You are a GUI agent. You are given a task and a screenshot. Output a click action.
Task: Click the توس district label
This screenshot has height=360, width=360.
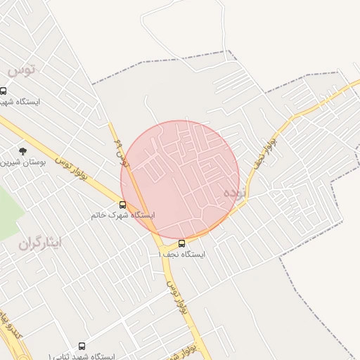21,70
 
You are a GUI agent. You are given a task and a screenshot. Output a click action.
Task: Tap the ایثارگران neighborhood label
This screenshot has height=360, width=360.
40,243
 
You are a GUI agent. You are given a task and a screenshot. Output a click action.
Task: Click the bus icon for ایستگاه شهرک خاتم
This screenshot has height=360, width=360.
123,205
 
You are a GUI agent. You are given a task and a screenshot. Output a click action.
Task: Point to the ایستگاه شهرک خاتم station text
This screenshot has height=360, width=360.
123,215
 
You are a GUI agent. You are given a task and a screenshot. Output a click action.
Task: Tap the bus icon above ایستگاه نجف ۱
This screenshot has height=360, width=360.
182,243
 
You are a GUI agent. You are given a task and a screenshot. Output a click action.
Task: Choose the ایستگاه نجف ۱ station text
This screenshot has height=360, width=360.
182,254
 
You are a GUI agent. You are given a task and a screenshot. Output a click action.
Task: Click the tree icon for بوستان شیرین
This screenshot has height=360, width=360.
22,151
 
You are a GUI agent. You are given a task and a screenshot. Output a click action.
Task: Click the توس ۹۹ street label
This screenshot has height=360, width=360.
123,152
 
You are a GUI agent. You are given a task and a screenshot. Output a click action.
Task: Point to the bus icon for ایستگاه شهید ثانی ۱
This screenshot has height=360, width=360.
82,346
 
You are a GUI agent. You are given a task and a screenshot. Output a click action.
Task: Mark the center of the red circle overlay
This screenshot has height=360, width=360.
180,180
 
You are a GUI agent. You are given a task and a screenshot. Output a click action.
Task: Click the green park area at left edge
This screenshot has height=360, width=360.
8,208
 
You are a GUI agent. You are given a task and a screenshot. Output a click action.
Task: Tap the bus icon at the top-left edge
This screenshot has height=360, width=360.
4,91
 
